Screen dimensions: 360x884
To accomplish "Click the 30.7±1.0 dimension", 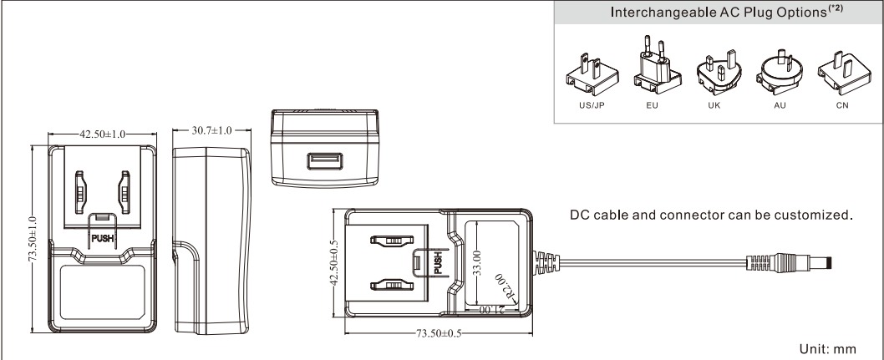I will [x=206, y=131].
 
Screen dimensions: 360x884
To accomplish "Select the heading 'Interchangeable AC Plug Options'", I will [x=717, y=15].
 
